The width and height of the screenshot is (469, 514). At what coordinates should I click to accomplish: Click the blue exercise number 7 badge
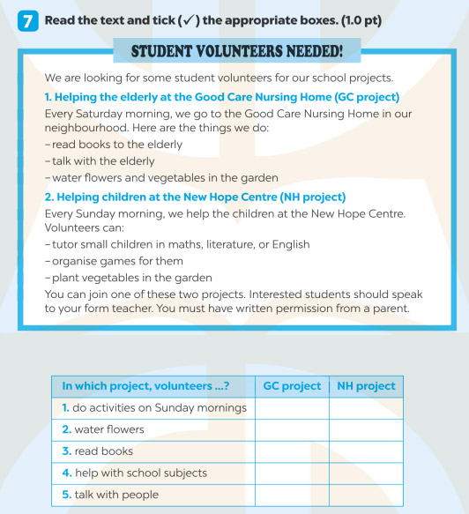click(x=27, y=20)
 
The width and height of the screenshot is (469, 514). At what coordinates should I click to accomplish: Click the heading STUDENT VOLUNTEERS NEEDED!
click(x=236, y=51)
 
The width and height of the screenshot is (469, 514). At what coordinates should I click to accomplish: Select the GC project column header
click(x=292, y=386)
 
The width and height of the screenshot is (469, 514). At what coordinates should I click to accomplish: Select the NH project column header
click(x=366, y=386)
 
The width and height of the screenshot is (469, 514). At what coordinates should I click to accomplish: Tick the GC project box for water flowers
click(x=292, y=429)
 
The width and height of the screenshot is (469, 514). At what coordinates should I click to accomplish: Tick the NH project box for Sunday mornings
click(x=366, y=407)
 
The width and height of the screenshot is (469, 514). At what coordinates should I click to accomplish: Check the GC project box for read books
click(x=292, y=451)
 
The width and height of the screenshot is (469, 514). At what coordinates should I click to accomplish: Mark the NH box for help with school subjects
click(x=366, y=473)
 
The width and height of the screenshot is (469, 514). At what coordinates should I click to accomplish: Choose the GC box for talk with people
click(x=292, y=495)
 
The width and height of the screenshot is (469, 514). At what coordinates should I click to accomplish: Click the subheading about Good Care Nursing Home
click(x=221, y=96)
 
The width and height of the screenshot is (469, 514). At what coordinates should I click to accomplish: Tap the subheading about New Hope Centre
click(x=195, y=197)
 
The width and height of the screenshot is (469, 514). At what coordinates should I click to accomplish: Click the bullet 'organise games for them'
click(x=115, y=261)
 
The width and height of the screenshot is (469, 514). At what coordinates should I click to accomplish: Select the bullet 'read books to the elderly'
click(x=115, y=145)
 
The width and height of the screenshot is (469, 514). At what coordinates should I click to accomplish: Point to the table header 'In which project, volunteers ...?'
click(x=145, y=386)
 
